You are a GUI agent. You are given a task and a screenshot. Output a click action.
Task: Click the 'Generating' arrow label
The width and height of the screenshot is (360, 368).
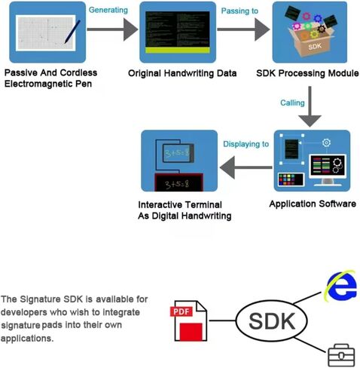point(108,10)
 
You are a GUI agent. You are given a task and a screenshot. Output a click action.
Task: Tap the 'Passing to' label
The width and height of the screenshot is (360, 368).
point(239,11)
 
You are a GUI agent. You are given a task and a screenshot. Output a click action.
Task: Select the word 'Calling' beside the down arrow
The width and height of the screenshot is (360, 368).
point(292,103)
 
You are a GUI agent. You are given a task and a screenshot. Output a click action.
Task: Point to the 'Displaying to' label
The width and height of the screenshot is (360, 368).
point(246,144)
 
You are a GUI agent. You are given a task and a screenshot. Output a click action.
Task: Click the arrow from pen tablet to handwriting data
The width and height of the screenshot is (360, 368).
point(112,29)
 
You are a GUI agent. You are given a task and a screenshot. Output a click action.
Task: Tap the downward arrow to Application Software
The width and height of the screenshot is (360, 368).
point(310,106)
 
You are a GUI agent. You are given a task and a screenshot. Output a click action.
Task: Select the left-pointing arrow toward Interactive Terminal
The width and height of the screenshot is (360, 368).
point(246,167)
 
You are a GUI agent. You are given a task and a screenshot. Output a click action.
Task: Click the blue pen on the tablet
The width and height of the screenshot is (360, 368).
point(72,32)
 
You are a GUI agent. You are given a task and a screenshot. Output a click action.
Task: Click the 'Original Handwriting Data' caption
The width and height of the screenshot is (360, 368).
point(182,73)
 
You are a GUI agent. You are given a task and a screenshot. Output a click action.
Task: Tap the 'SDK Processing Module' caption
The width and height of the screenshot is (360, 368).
point(307,73)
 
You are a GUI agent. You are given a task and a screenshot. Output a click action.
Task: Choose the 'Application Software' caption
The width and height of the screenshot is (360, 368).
point(313,204)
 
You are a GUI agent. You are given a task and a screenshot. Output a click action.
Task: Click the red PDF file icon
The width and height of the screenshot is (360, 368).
point(189,321)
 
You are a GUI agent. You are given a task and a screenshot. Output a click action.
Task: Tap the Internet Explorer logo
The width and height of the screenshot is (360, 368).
point(341,286)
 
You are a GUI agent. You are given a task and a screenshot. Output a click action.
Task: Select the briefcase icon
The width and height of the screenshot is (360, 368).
point(341,355)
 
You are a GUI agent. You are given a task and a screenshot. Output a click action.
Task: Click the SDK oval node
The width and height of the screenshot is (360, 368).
point(272,321)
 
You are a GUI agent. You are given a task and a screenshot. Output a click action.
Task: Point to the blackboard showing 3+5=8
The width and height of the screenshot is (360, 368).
point(178,182)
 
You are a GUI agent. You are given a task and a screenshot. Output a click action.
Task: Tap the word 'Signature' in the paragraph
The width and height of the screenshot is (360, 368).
point(40,299)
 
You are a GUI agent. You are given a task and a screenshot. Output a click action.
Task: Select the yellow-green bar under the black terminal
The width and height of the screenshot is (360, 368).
point(178,51)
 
